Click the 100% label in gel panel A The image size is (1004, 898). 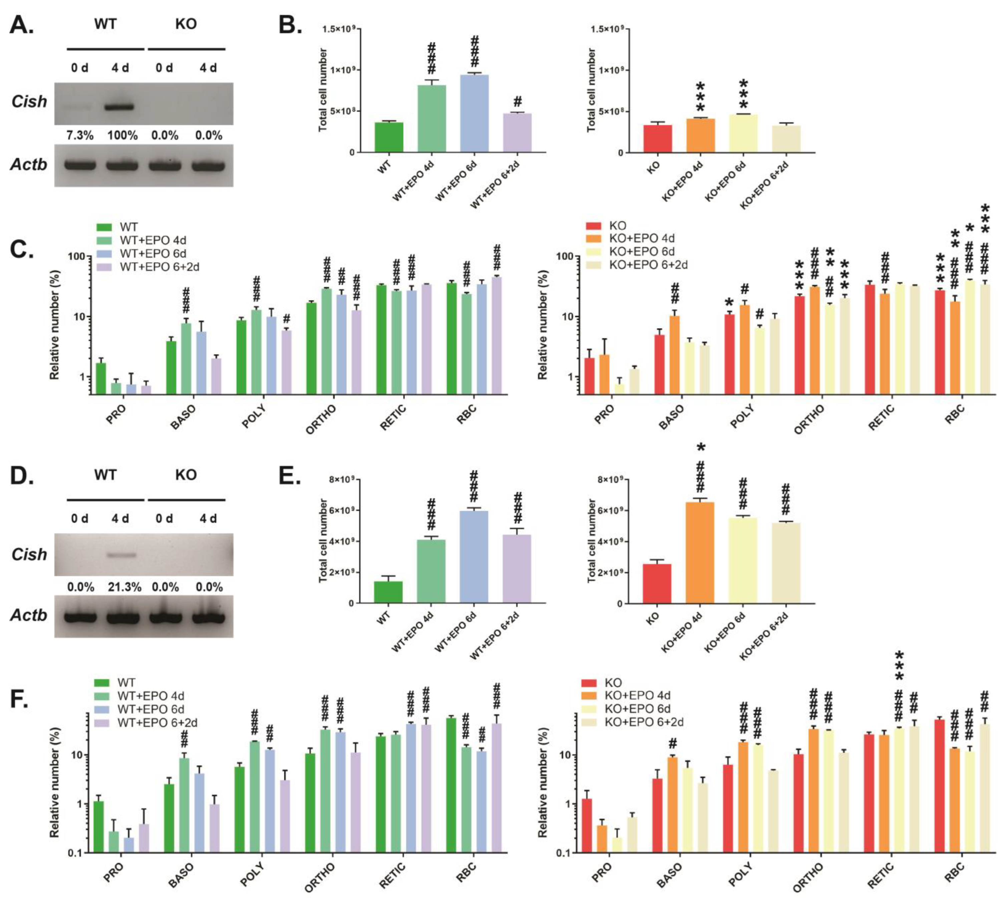tap(122, 135)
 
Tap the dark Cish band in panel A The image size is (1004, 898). tap(120, 106)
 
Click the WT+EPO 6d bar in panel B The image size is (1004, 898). tap(474, 113)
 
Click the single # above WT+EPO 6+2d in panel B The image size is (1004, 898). tap(517, 102)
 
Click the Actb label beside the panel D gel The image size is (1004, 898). tap(29, 615)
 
